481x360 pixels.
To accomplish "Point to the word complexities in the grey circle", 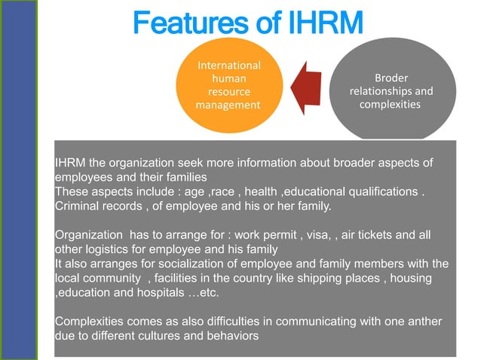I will tap(390, 105).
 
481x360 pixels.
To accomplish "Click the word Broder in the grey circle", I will tap(391, 78).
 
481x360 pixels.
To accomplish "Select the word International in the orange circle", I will tap(228, 66).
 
